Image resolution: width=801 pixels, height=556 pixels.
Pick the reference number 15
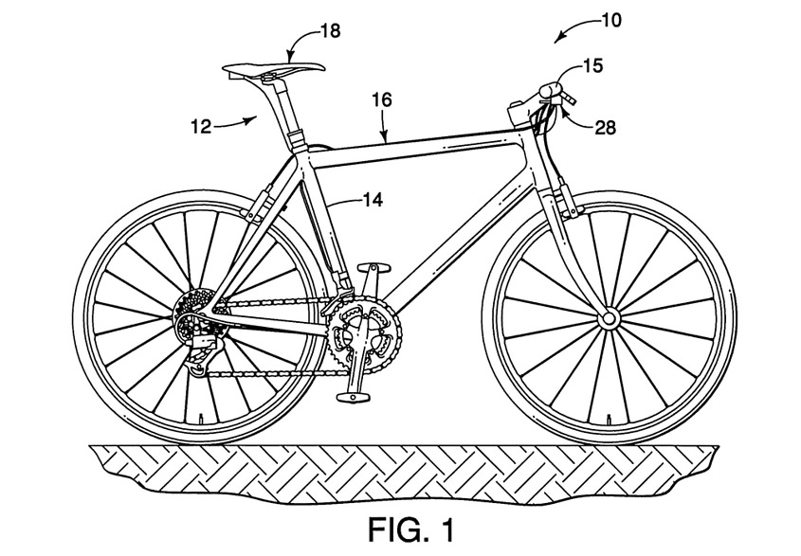click(x=592, y=66)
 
